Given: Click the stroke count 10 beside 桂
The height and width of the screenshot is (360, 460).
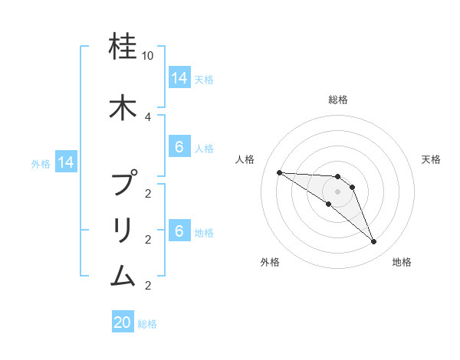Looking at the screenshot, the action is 148,57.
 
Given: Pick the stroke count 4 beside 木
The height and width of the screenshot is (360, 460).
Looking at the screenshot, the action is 148,116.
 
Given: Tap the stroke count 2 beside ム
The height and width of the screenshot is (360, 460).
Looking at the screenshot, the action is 148,286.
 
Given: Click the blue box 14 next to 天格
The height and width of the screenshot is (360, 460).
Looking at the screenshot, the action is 179,78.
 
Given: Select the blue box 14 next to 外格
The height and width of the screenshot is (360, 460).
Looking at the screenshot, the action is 65,162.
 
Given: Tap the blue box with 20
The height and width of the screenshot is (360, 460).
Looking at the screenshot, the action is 123,323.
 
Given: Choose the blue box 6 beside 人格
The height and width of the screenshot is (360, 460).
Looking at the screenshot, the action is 179,147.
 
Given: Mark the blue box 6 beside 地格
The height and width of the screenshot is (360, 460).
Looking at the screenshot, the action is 179,231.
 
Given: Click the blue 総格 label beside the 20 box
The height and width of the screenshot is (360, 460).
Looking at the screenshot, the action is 147,324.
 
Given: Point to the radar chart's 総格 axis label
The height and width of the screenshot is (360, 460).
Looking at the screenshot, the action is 338,100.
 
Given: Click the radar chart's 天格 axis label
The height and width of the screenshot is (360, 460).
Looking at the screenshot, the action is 432,159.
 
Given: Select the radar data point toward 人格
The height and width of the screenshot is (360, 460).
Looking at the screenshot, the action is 279,172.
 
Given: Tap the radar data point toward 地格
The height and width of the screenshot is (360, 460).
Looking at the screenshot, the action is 373,242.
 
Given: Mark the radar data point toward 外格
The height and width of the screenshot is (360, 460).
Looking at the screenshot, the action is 329,204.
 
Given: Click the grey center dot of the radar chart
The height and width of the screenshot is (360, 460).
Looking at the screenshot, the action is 338,191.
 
